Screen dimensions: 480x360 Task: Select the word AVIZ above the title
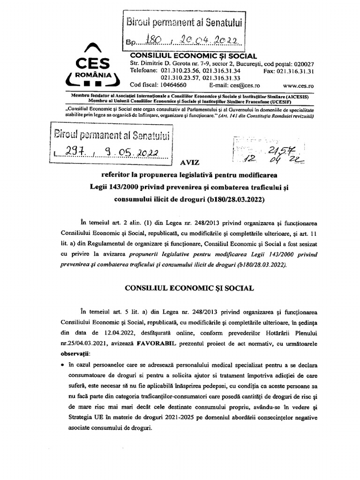[x=189, y=163]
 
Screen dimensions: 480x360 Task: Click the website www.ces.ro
[x=298, y=85]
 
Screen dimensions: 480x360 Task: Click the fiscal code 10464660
[x=171, y=85]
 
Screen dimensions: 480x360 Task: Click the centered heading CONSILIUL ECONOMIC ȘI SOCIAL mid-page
[x=182, y=289]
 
